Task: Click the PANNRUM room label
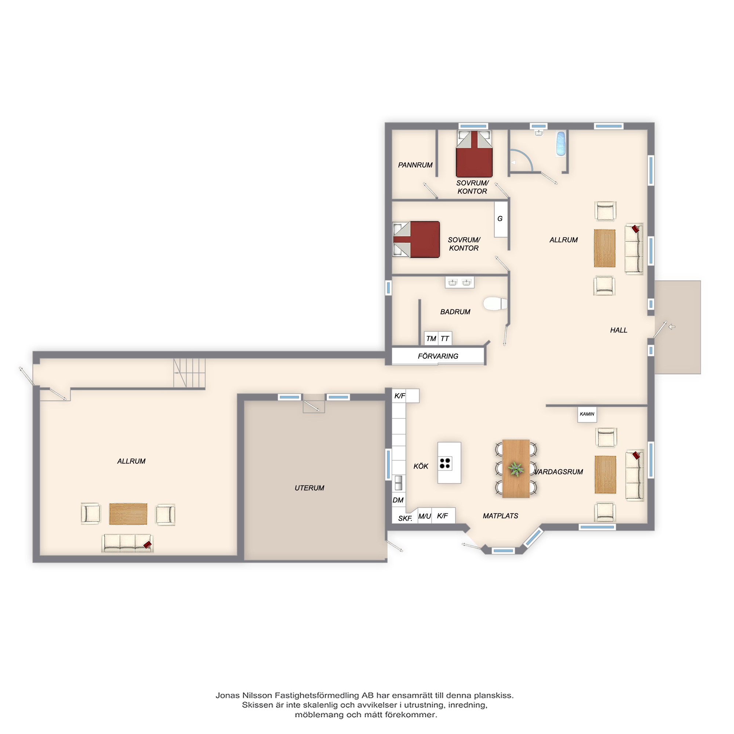pyautogui.click(x=415, y=165)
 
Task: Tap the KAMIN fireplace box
pyautogui.click(x=587, y=414)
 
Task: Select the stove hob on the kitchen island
pyautogui.click(x=445, y=463)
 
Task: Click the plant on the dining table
pyautogui.click(x=516, y=469)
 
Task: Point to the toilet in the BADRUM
pyautogui.click(x=495, y=304)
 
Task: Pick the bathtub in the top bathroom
pyautogui.click(x=561, y=144)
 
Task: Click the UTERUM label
pyautogui.click(x=309, y=488)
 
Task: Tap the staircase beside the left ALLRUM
pyautogui.click(x=189, y=373)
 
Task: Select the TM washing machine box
pyautogui.click(x=431, y=338)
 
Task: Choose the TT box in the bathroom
pyautogui.click(x=445, y=338)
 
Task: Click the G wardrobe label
pyautogui.click(x=500, y=219)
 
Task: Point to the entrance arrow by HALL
pyautogui.click(x=672, y=327)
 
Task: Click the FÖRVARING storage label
pyautogui.click(x=438, y=356)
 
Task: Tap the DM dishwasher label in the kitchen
pyautogui.click(x=398, y=500)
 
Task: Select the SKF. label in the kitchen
pyautogui.click(x=405, y=519)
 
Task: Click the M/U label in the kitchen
pyautogui.click(x=425, y=516)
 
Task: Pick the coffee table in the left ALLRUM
pyautogui.click(x=128, y=514)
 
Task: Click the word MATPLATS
pyautogui.click(x=500, y=516)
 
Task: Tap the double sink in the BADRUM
pyautogui.click(x=460, y=282)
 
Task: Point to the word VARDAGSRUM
pyautogui.click(x=559, y=472)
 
